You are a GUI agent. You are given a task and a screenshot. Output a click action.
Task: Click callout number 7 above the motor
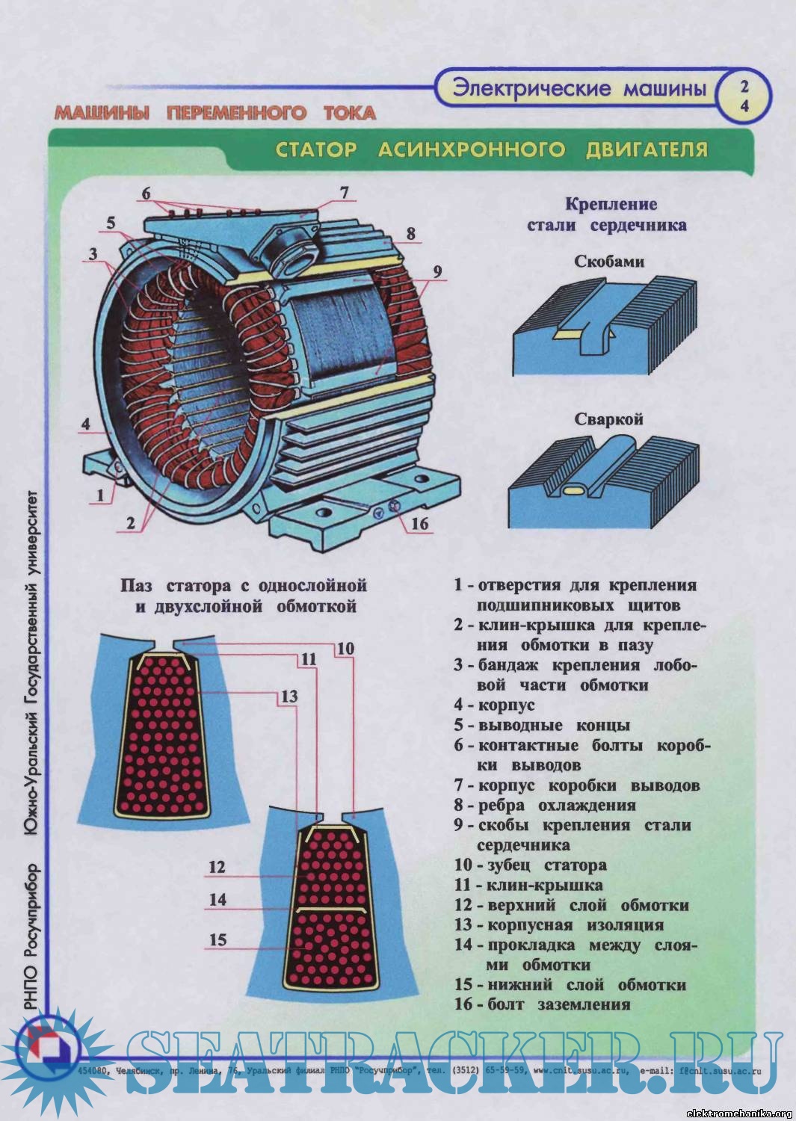coord(344,192)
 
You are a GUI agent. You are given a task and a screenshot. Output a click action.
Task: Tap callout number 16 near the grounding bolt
coord(419,522)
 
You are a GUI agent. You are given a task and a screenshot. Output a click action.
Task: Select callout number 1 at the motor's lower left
coord(100,495)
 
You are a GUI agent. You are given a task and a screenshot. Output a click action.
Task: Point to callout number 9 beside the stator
coord(437,271)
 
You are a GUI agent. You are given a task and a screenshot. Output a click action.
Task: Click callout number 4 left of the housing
coord(86,424)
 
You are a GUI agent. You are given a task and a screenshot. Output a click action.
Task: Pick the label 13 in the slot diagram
coord(289,697)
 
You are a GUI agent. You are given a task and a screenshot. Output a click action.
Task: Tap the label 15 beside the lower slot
coord(217,939)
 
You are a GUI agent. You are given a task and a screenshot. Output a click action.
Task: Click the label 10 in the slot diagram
coord(345,649)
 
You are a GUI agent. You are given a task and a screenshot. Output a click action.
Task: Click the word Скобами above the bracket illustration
coord(608,262)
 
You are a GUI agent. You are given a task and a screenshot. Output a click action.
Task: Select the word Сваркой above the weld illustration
coord(608,419)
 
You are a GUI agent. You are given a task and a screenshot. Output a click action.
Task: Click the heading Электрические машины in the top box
coord(579,89)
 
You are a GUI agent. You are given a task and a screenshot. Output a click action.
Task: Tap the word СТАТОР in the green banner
coord(316,149)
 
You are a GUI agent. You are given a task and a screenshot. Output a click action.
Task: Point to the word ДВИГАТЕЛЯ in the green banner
coord(647,149)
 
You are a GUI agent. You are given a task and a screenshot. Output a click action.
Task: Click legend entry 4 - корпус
coord(495,705)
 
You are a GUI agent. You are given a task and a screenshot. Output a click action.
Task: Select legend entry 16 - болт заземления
coord(543,1004)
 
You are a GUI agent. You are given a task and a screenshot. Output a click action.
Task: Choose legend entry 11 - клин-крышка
coord(528,885)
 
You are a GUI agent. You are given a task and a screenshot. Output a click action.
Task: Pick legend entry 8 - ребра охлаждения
coord(545,805)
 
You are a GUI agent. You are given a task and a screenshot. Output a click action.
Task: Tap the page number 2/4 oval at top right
coord(744,96)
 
